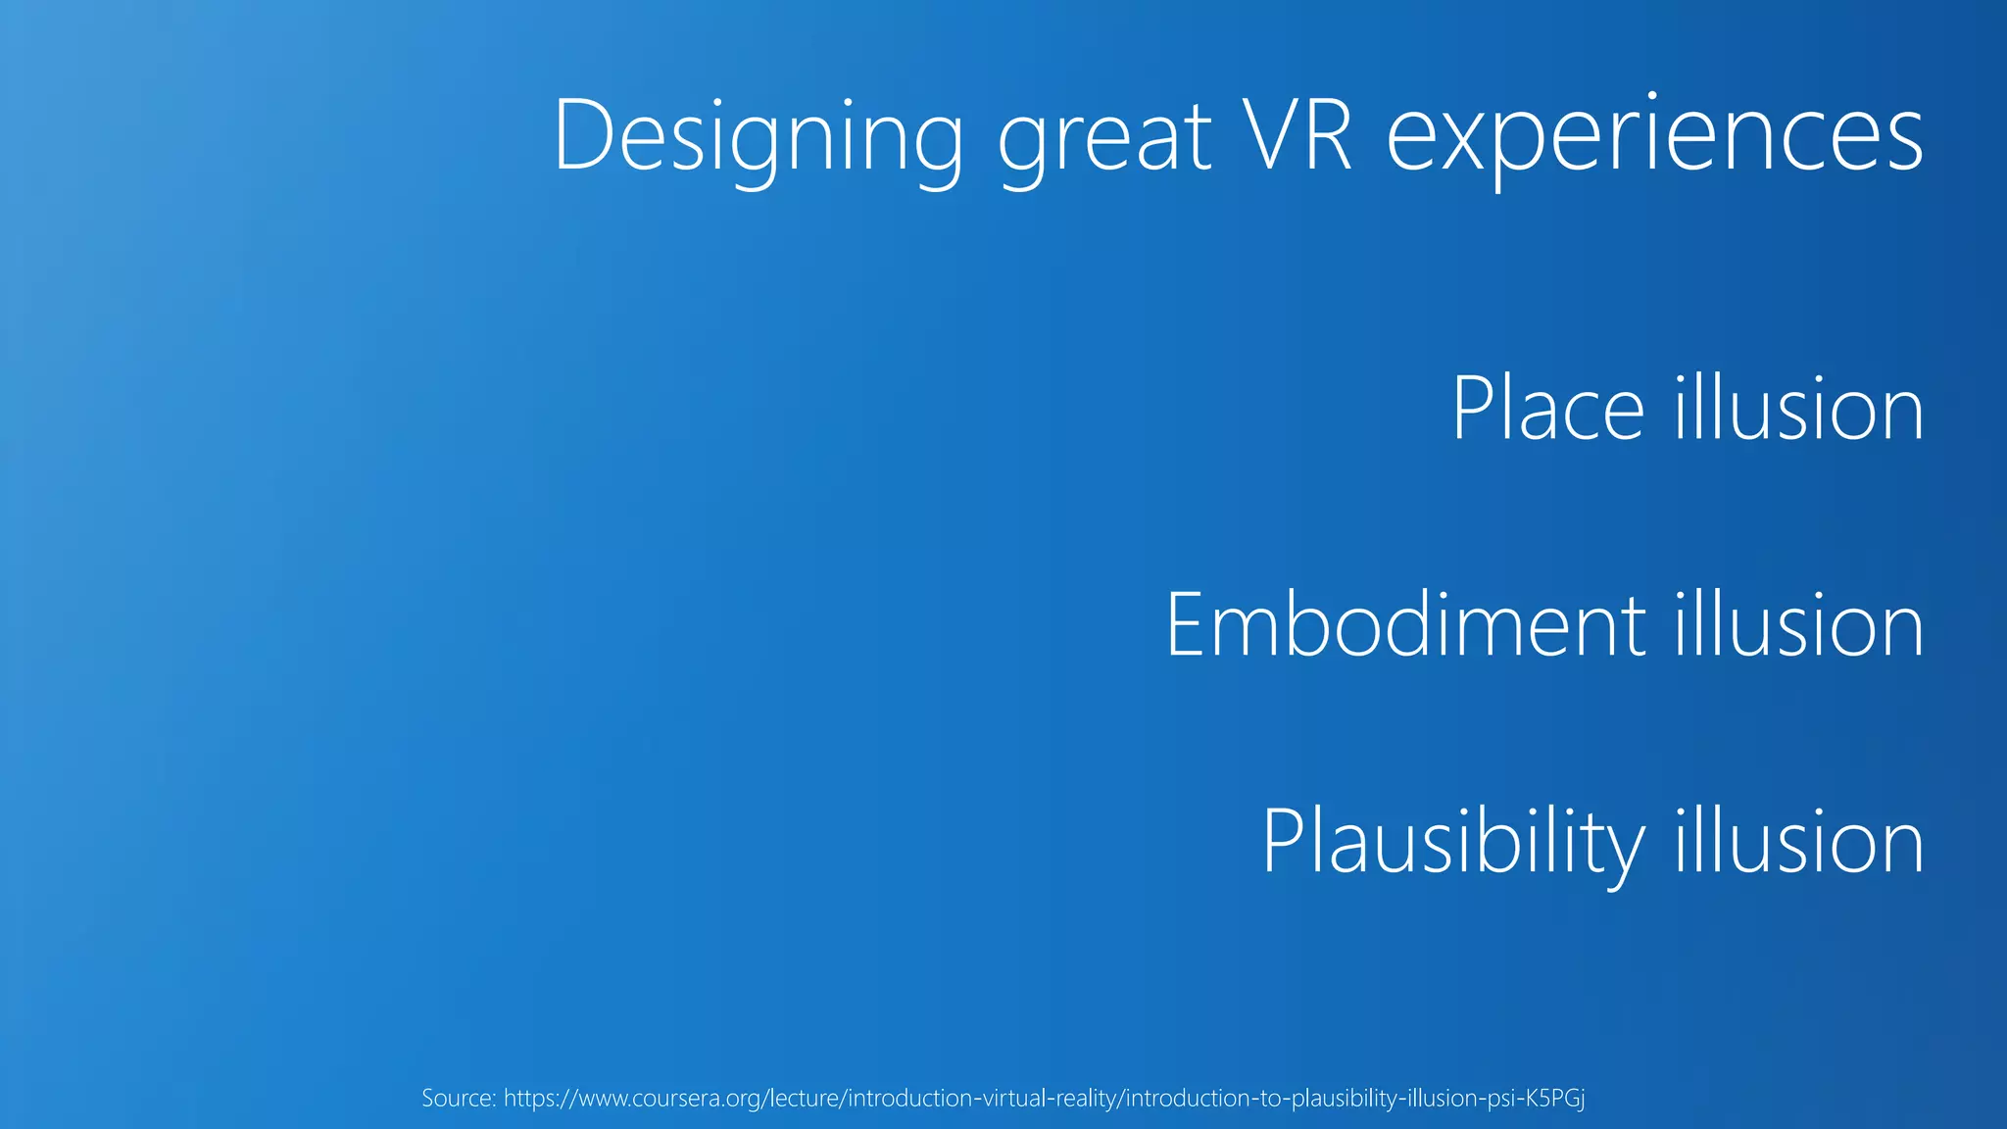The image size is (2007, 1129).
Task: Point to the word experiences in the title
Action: pos(1655,139)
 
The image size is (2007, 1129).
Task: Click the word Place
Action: pos(1547,409)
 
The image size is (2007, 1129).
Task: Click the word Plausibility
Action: pos(1453,843)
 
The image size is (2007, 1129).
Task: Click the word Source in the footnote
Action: pos(458,1098)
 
